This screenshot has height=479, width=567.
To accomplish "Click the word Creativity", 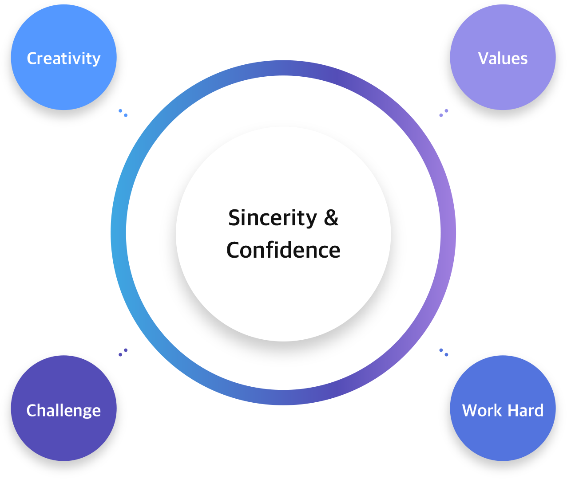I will tap(63, 59).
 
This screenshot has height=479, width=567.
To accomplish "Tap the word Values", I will tap(503, 59).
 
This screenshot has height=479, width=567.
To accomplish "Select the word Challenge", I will tap(63, 411).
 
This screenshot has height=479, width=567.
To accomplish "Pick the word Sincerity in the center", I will tap(273, 218).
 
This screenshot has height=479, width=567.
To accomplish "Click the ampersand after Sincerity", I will tap(331, 218).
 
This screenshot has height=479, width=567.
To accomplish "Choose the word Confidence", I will tap(283, 250).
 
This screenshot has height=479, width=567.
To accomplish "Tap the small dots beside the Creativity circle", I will tap(123, 113).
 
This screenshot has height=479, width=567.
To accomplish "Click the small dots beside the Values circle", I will tap(444, 113).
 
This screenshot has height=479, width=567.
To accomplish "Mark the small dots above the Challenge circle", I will tap(123, 353).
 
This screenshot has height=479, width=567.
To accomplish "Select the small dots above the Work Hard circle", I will tap(444, 353).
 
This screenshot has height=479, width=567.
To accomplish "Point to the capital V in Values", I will tap(484, 59).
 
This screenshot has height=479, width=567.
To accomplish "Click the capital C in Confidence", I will tap(234, 250).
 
